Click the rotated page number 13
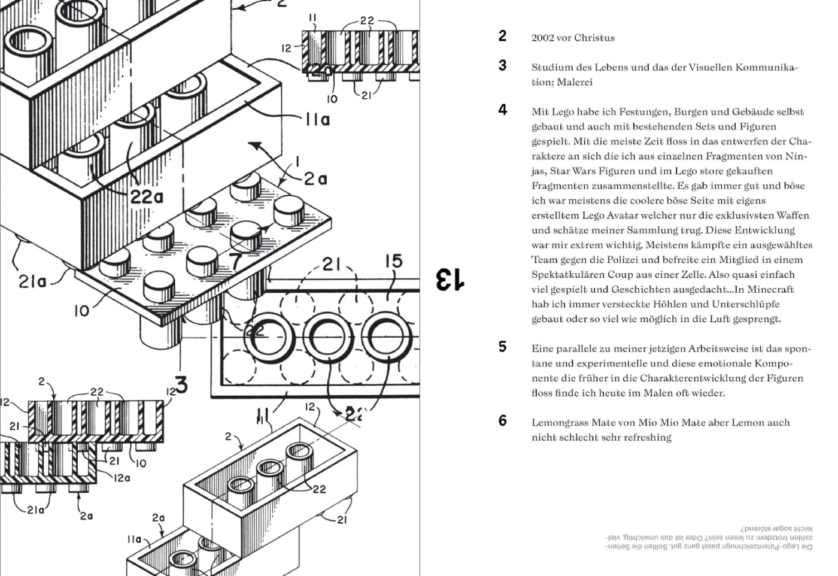(x=449, y=280)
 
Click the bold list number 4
(x=503, y=110)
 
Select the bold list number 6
(x=503, y=421)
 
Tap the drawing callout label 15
(x=393, y=262)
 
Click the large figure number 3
(x=181, y=384)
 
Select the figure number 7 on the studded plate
(x=236, y=261)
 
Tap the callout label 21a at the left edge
(x=32, y=281)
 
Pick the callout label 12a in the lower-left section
(x=122, y=478)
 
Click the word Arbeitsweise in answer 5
(x=720, y=348)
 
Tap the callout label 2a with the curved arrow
(x=315, y=178)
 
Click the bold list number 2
(x=503, y=36)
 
